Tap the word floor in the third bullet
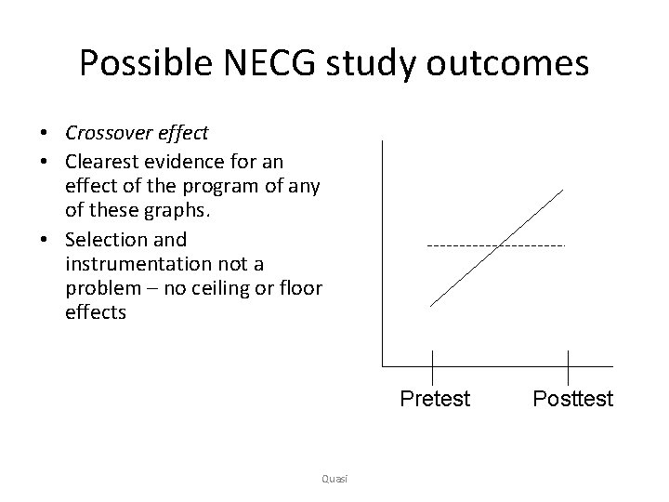pos(299,288)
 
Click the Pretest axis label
pos(435,400)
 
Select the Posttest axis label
pos(572,400)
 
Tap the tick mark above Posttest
pos(568,364)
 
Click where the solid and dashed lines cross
pos(500,245)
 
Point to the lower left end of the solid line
pos(431,306)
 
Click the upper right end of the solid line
pos(563,190)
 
